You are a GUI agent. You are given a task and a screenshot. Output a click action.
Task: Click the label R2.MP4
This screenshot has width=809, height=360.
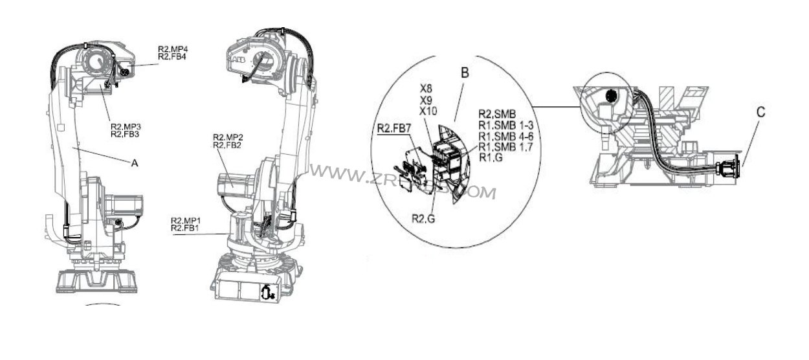click(172, 49)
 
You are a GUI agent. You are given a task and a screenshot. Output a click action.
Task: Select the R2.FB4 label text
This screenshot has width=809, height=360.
click(172, 57)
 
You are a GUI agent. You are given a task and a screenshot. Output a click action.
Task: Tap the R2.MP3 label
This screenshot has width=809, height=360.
click(125, 126)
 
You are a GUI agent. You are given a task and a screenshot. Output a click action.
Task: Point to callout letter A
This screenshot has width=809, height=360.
click(135, 164)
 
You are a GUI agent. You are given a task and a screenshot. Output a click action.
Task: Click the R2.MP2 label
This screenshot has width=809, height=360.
click(228, 137)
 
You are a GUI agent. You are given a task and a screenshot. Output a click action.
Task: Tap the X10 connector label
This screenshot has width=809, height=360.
click(428, 111)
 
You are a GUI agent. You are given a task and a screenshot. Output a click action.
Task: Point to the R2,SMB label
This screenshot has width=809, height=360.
click(498, 113)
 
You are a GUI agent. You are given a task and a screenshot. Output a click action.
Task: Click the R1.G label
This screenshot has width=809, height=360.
click(491, 157)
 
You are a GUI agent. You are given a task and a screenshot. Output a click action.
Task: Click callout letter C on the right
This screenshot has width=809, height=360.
click(760, 112)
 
